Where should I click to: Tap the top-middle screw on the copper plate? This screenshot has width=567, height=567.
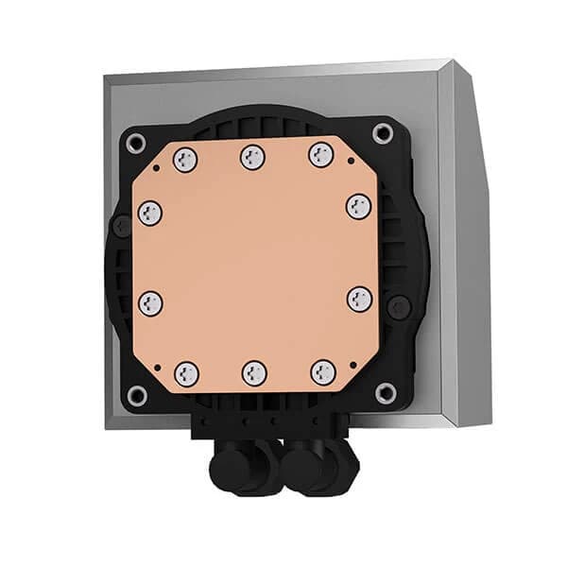pyautogui.click(x=252, y=157)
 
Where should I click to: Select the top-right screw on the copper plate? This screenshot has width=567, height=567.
pyautogui.click(x=320, y=155)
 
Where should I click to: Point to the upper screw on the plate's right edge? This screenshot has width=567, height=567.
pyautogui.click(x=358, y=206)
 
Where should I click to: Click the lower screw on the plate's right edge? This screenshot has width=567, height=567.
pyautogui.click(x=360, y=300)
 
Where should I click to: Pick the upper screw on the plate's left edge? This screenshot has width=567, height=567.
pyautogui.click(x=149, y=214)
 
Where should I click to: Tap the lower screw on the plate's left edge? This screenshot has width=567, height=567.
pyautogui.click(x=150, y=303)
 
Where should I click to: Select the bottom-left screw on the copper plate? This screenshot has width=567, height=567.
pyautogui.click(x=187, y=372)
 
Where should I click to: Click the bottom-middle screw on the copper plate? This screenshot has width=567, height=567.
pyautogui.click(x=255, y=372)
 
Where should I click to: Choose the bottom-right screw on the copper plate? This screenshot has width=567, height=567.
pyautogui.click(x=323, y=371)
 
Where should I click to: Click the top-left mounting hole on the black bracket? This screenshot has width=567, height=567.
pyautogui.click(x=136, y=144)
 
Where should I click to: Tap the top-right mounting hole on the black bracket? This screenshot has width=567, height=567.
pyautogui.click(x=383, y=135)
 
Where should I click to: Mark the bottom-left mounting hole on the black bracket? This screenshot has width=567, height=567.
pyautogui.click(x=138, y=394)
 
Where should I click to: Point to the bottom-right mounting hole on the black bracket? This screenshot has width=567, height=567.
pyautogui.click(x=385, y=391)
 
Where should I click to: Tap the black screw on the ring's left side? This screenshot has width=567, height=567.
pyautogui.click(x=122, y=226)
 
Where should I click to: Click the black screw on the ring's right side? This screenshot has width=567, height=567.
pyautogui.click(x=401, y=306)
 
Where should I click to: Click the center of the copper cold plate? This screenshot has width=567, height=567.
pyautogui.click(x=254, y=265)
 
